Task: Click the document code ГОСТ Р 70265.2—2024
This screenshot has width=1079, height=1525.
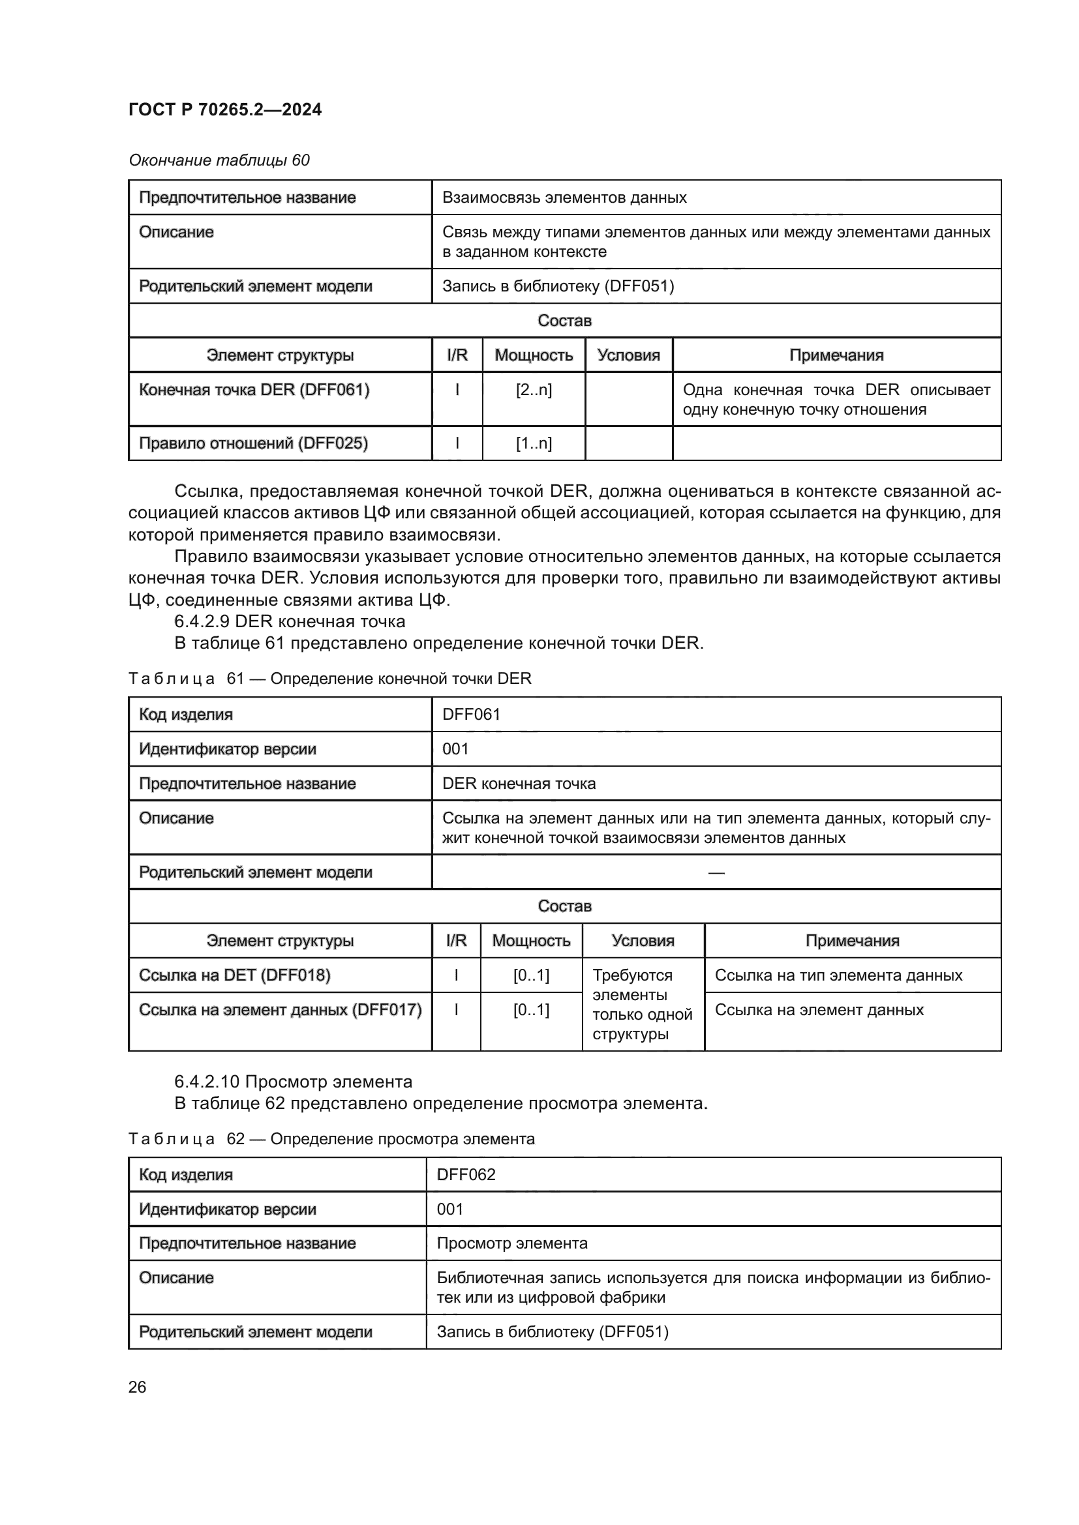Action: pos(224,110)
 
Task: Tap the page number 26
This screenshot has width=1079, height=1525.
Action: pos(137,1387)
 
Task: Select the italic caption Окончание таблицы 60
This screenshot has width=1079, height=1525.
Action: pos(219,160)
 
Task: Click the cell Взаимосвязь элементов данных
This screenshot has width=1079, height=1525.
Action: pos(564,198)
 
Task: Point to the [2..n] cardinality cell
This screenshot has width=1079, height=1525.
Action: pos(533,390)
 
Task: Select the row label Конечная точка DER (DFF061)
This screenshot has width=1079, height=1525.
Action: pos(254,390)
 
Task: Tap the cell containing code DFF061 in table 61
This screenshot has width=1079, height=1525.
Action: pos(471,714)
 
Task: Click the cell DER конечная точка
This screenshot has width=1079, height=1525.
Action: pos(519,783)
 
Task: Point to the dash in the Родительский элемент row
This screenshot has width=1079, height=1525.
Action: pos(716,872)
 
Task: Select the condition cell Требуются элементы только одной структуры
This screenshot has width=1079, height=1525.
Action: pos(642,1004)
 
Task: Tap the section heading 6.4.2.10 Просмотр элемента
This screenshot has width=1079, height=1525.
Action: pos(293,1082)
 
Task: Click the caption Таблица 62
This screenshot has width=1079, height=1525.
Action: pos(331,1139)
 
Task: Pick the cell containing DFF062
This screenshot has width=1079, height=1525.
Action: pos(466,1174)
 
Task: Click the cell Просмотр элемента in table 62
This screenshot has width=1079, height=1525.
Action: pos(511,1243)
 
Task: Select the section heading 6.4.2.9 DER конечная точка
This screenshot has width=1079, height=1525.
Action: pos(290,622)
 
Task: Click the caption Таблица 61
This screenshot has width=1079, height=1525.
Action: pos(329,679)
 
